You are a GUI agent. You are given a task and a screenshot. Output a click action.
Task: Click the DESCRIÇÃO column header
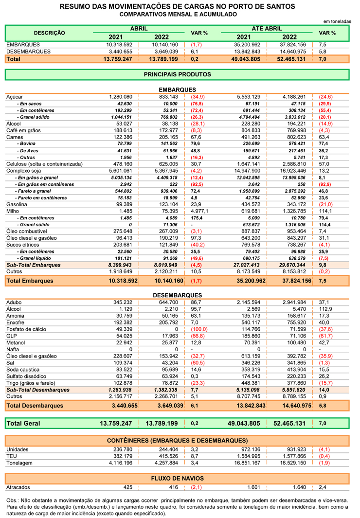tap(49, 33)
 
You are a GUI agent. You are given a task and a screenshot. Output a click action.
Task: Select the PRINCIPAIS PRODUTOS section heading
tap(178, 74)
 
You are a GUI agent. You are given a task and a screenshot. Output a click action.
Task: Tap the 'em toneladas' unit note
tap(337, 21)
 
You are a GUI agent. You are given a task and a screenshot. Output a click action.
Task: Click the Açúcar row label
tap(15, 97)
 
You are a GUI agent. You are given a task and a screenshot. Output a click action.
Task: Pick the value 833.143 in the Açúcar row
tap(168, 97)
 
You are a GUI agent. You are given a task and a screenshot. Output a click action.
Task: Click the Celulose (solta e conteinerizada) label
tap(45, 164)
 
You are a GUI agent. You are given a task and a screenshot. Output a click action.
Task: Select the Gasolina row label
tap(17, 204)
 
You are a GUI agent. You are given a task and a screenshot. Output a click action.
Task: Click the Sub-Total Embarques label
tap(34, 265)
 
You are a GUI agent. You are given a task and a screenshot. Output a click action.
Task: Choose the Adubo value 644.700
tap(168, 302)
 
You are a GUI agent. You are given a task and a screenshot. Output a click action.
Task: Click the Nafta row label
tap(13, 349)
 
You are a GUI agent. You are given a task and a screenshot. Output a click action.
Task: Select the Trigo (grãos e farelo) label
tap(31, 383)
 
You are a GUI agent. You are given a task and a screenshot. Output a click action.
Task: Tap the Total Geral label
tap(23, 423)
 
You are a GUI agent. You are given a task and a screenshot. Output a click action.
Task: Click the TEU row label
tap(12, 456)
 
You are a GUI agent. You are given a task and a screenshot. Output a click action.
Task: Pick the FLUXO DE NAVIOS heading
tap(178, 478)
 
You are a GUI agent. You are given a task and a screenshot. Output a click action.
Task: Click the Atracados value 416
tap(173, 487)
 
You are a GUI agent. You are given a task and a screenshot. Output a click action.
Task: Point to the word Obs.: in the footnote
tap(13, 500)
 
